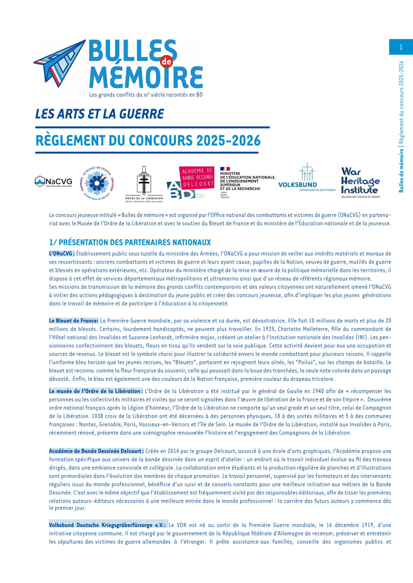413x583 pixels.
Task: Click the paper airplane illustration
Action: (x=60, y=63)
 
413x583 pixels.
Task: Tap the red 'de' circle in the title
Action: (x=167, y=62)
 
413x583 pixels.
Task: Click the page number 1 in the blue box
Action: (x=401, y=47)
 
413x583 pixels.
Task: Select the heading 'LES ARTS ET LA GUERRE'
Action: (x=100, y=114)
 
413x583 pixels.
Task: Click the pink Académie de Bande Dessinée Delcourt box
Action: (x=196, y=178)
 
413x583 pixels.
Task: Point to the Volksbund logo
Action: (x=307, y=178)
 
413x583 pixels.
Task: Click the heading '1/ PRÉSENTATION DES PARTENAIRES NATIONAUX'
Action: (x=130, y=243)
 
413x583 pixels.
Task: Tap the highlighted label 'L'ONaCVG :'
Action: (x=62, y=254)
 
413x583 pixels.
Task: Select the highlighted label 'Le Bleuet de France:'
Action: (x=74, y=321)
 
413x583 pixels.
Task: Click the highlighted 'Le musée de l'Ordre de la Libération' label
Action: (x=96, y=391)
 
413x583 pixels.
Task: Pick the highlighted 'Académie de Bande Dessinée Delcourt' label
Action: (x=96, y=451)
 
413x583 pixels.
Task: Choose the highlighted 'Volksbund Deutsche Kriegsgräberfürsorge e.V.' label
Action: (x=107, y=525)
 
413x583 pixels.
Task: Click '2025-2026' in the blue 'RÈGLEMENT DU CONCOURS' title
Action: (x=229, y=141)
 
